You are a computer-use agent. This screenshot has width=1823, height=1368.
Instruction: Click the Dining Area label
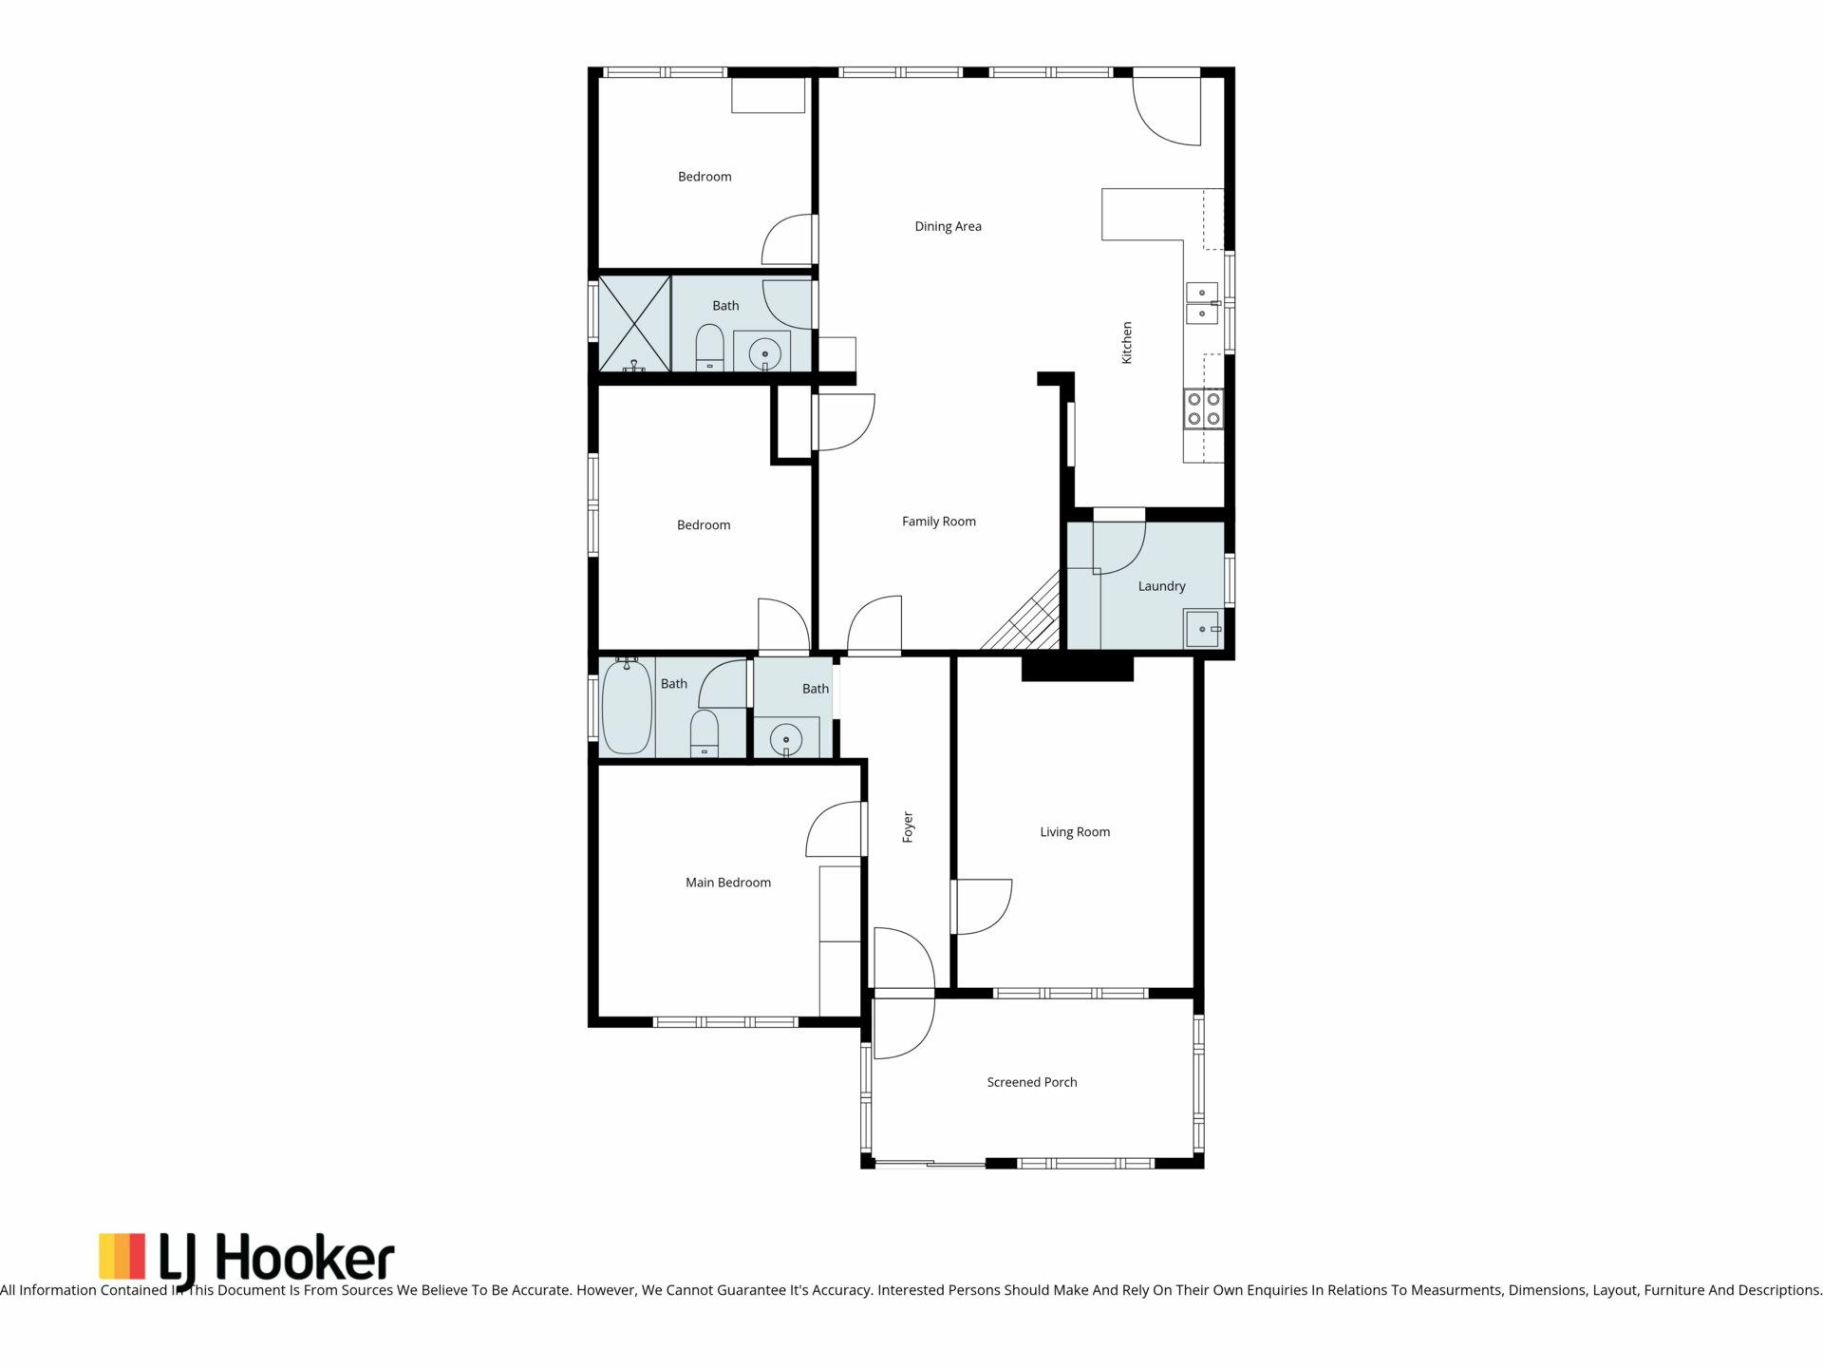pyautogui.click(x=948, y=226)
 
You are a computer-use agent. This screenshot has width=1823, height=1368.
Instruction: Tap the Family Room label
pyautogui.click(x=939, y=522)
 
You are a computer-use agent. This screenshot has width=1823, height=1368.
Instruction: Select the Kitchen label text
pyautogui.click(x=1127, y=342)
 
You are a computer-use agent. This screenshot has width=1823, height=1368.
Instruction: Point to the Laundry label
pyautogui.click(x=1162, y=586)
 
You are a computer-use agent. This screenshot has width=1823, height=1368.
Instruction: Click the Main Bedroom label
pyautogui.click(x=728, y=883)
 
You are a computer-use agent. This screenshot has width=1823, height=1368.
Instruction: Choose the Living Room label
pyautogui.click(x=1075, y=832)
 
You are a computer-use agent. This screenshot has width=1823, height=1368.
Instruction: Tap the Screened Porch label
pyautogui.click(x=1032, y=1082)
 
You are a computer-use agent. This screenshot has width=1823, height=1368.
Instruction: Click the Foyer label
pyautogui.click(x=908, y=826)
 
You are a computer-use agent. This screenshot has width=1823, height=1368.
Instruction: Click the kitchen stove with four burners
pyautogui.click(x=1203, y=409)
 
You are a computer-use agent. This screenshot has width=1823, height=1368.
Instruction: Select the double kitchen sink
pyautogui.click(x=1201, y=303)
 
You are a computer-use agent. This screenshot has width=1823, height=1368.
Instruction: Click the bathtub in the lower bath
pyautogui.click(x=627, y=707)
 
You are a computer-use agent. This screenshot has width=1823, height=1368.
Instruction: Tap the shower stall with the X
pyautogui.click(x=634, y=324)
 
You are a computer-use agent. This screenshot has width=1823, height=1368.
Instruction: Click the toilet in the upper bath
pyautogui.click(x=709, y=348)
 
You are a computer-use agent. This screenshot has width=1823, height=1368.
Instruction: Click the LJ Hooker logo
pyautogui.click(x=247, y=1257)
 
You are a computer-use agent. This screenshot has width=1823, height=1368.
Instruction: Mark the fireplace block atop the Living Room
pyautogui.click(x=1078, y=669)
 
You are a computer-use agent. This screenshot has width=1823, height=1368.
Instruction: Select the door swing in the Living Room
pyautogui.click(x=983, y=907)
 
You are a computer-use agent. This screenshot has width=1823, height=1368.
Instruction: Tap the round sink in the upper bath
pyautogui.click(x=765, y=354)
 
